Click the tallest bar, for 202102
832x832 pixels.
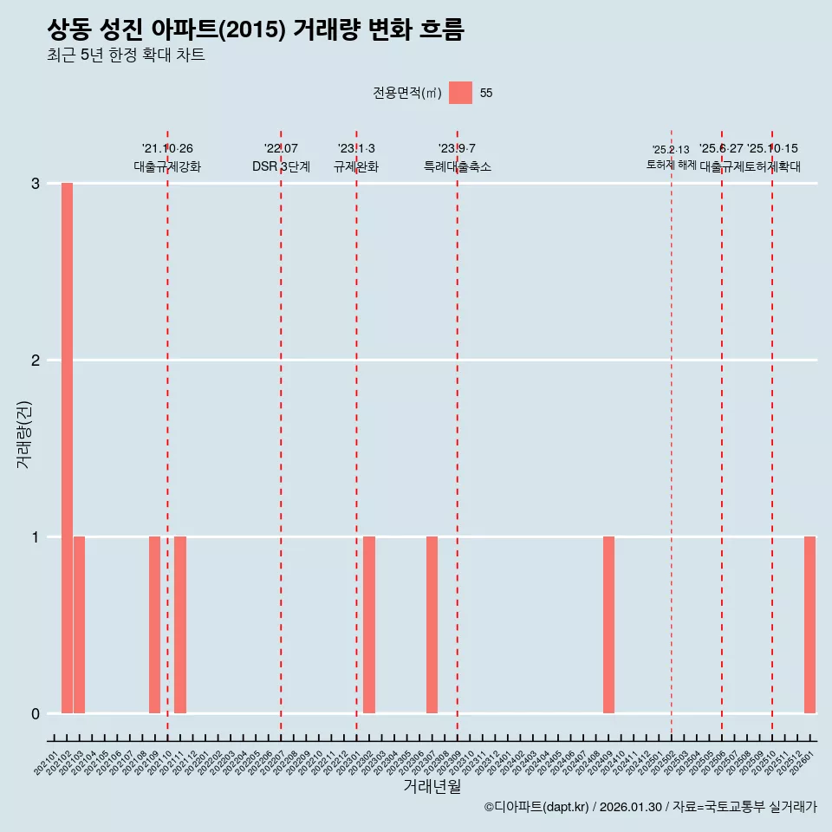click(x=67, y=448)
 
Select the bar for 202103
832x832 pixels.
click(x=79, y=625)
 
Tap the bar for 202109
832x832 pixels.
click(x=154, y=625)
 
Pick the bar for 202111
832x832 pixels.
click(x=180, y=625)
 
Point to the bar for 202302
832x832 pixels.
click(x=369, y=625)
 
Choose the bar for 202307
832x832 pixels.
click(x=432, y=625)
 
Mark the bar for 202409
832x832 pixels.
click(x=608, y=625)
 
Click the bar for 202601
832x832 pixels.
click(x=809, y=625)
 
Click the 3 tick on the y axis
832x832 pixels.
click(x=36, y=184)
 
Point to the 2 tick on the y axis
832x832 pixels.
click(x=36, y=360)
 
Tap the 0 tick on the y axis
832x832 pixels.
click(x=36, y=713)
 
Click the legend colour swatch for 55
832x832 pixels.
click(x=461, y=93)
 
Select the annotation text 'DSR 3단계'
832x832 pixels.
click(x=281, y=166)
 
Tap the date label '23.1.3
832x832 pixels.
click(x=356, y=149)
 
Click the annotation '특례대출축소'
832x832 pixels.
click(x=458, y=166)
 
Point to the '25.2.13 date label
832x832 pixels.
click(x=671, y=150)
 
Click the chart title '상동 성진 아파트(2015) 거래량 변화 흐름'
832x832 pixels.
click(x=256, y=30)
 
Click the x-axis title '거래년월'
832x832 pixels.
click(x=432, y=786)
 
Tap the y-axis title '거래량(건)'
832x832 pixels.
click(x=23, y=433)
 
